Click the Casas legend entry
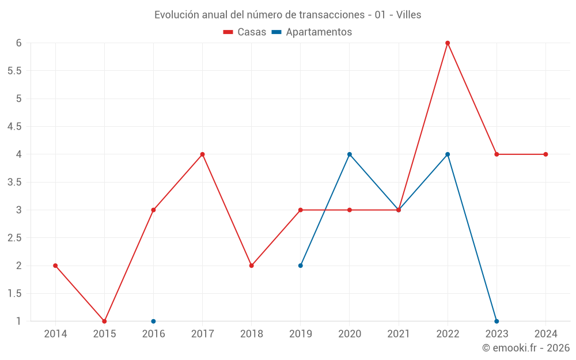click(x=245, y=32)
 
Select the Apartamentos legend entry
click(x=312, y=32)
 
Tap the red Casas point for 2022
click(x=448, y=43)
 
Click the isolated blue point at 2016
click(x=153, y=321)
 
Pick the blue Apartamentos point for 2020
click(x=350, y=154)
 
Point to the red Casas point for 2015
click(x=104, y=321)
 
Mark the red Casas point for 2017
click(x=202, y=154)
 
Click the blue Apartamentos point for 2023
click(x=497, y=321)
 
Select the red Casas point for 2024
click(x=545, y=154)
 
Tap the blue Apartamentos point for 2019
click(x=301, y=266)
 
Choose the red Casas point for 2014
click(x=55, y=266)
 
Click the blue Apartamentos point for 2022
click(x=448, y=154)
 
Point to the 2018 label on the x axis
click(x=252, y=334)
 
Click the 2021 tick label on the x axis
click(x=399, y=334)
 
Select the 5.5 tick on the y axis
click(x=14, y=71)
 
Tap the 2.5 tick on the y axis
click(x=14, y=238)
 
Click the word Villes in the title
click(x=409, y=15)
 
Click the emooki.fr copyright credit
click(x=526, y=348)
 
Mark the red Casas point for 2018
click(x=252, y=266)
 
